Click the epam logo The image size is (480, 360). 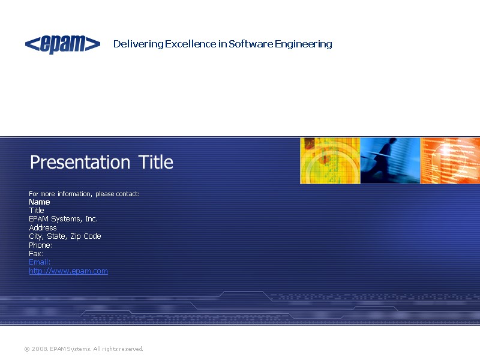[x=62, y=44]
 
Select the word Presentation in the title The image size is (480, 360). [x=80, y=162]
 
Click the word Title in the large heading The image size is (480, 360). [x=156, y=162]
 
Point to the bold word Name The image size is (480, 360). [x=40, y=202]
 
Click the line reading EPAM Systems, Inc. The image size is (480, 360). [x=63, y=219]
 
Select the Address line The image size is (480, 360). [x=43, y=228]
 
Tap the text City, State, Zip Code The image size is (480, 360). [x=65, y=236]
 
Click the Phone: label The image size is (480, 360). [x=41, y=245]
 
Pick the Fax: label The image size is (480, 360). [x=36, y=254]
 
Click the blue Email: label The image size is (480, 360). [x=40, y=262]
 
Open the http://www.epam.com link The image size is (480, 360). [x=68, y=271]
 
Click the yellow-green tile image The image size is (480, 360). [x=330, y=160]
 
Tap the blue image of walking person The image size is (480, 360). [x=390, y=160]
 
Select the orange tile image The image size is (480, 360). [x=450, y=160]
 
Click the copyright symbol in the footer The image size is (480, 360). [x=26, y=349]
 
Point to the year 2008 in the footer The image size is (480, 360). [x=40, y=349]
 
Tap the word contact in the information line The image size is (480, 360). [x=127, y=194]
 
